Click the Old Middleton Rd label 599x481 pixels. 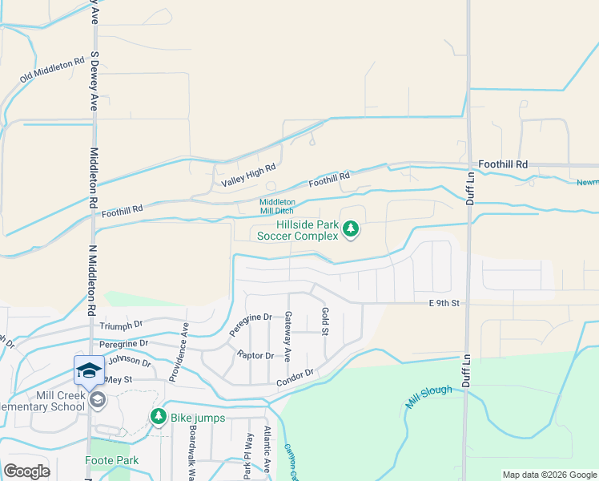[52, 69]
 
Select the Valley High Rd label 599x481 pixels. [248, 175]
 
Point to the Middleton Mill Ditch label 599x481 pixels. [277, 206]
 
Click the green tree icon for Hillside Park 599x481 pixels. [350, 230]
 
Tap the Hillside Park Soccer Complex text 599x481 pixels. [308, 231]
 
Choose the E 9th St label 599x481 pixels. [442, 302]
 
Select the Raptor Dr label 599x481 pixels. [255, 355]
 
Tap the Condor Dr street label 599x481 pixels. [295, 375]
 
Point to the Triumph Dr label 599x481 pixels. [121, 325]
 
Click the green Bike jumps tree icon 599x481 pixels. [158, 417]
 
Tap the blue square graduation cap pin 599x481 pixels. [89, 370]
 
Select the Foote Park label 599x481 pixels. [111, 460]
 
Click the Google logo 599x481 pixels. [26, 471]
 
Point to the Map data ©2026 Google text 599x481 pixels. [549, 475]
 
